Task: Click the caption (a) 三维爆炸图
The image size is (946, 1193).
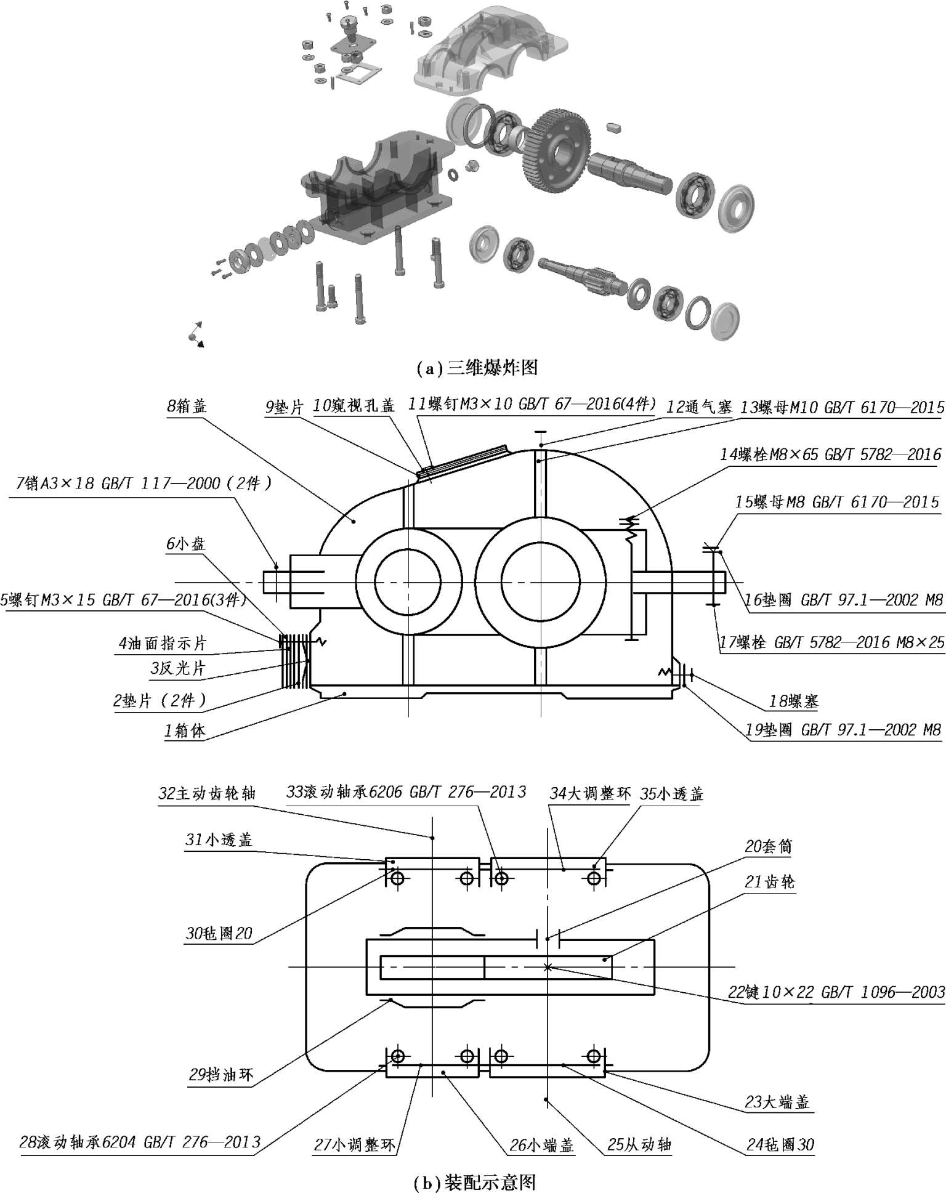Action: pyautogui.click(x=477, y=368)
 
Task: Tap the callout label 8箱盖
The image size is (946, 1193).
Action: pyautogui.click(x=187, y=406)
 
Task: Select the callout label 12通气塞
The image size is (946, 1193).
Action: pyautogui.click(x=699, y=407)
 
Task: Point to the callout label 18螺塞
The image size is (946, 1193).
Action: pyautogui.click(x=793, y=701)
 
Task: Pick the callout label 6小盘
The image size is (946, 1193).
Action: pyautogui.click(x=185, y=544)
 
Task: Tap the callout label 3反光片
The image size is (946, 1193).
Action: pyautogui.click(x=177, y=668)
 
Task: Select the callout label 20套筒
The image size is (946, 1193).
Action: pyautogui.click(x=769, y=847)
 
